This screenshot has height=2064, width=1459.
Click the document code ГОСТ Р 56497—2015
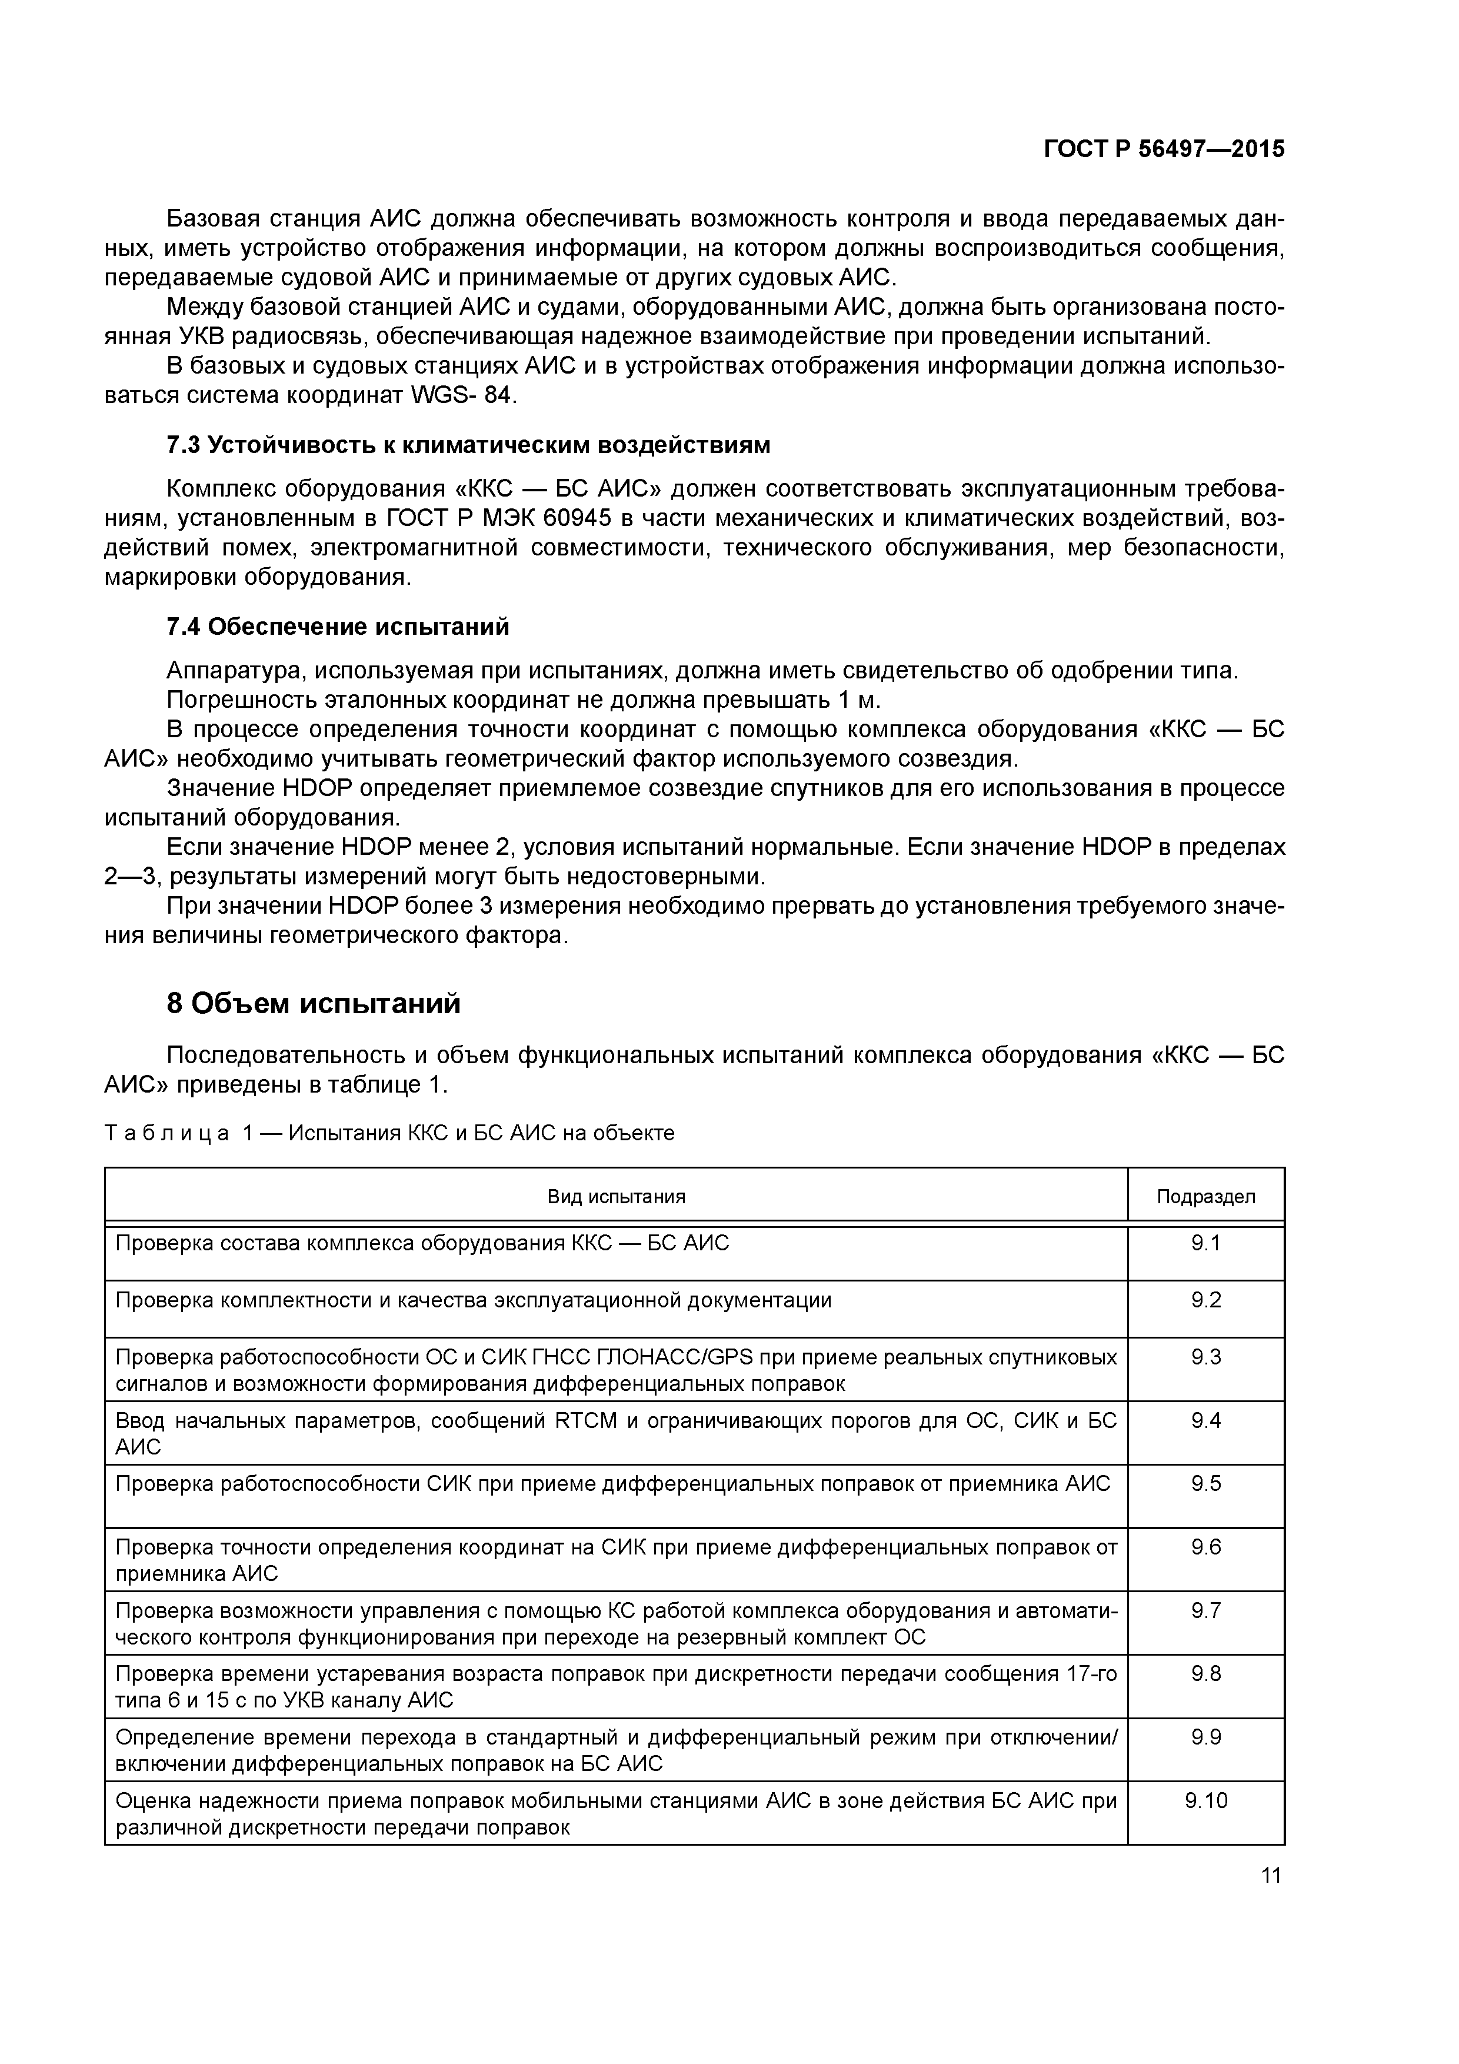click(x=1164, y=149)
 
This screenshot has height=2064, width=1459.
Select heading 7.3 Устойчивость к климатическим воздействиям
click(x=468, y=445)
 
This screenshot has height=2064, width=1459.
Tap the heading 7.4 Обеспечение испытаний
click(x=338, y=627)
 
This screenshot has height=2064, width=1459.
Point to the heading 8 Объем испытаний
click(x=314, y=1003)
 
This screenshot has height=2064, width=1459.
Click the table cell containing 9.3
click(x=1205, y=1357)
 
